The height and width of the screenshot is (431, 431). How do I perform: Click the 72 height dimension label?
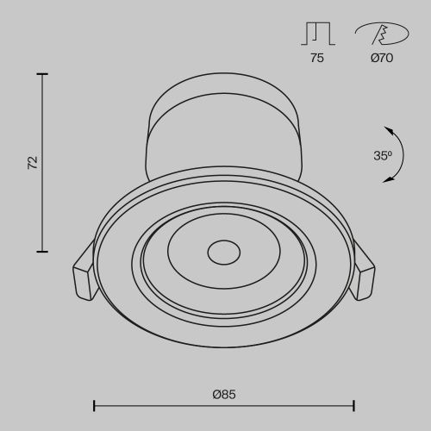tap(33, 163)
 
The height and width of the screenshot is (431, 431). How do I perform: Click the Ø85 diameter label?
tap(223, 394)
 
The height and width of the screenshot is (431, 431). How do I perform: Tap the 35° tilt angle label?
tap(383, 155)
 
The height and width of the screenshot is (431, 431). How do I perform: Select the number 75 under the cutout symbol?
tap(317, 59)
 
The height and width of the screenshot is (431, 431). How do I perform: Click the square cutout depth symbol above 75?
tap(317, 34)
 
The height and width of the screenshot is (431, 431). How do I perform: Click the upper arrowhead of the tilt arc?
tap(389, 130)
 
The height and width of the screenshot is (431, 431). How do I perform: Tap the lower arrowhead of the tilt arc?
tap(389, 179)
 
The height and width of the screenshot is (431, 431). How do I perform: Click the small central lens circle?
tap(223, 253)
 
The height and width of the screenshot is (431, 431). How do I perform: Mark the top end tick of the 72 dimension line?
tap(41, 75)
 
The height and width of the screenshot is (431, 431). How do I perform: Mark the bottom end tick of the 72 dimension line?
tap(41, 252)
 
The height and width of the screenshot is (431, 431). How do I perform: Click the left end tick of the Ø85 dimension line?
tap(93, 404)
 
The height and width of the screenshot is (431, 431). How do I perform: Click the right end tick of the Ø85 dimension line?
tap(354, 404)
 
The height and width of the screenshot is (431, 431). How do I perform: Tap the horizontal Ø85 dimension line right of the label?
tap(293, 404)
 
